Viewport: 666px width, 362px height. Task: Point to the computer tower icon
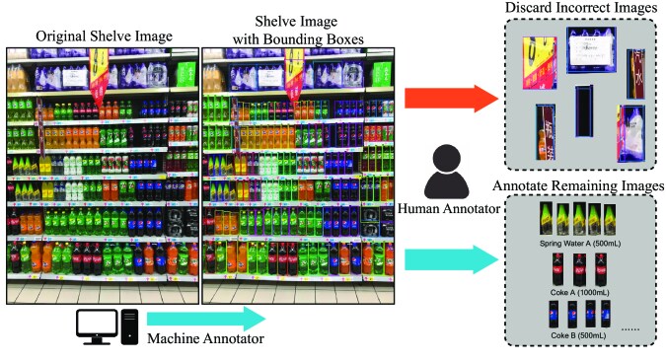(x=128, y=326)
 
